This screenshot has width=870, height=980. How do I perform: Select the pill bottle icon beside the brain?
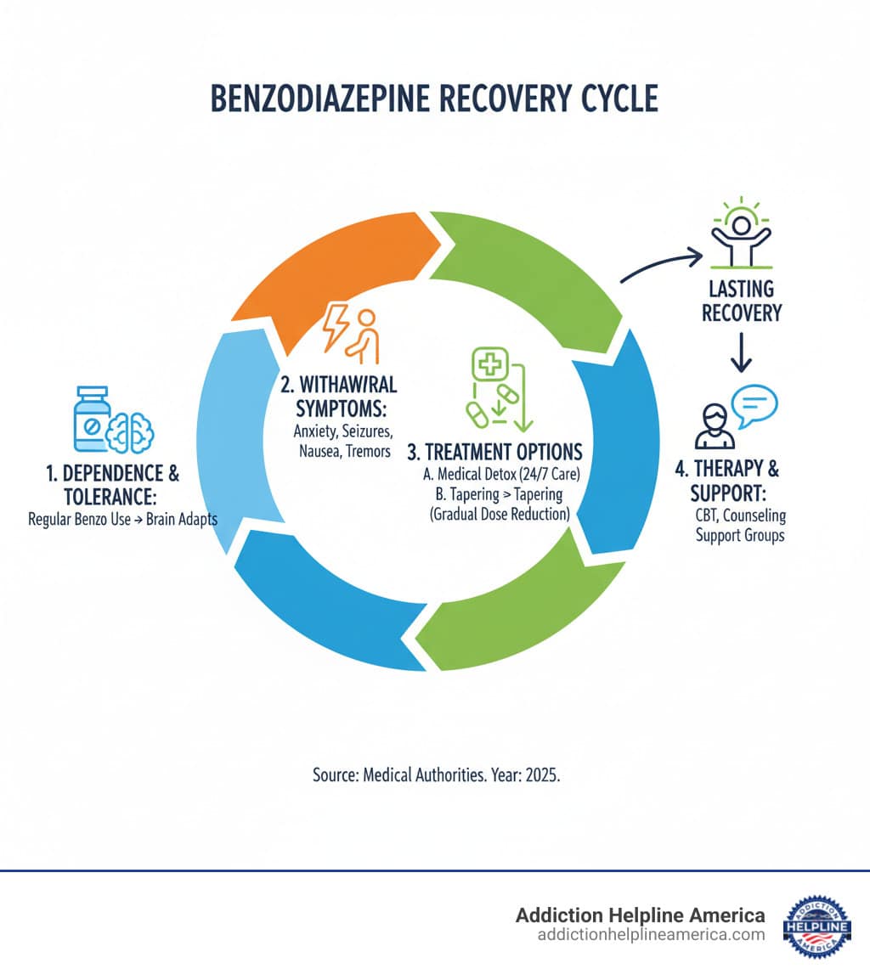pyautogui.click(x=92, y=420)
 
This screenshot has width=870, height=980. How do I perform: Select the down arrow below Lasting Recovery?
pyautogui.click(x=741, y=352)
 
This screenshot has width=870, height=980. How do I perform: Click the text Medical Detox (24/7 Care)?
pyautogui.click(x=498, y=476)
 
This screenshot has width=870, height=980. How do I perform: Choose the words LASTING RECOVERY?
pyautogui.click(x=741, y=301)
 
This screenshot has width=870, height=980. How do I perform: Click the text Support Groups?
pyautogui.click(x=740, y=536)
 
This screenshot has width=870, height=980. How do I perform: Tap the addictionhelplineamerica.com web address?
pyautogui.click(x=651, y=934)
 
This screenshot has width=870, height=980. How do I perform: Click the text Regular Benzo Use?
pyautogui.click(x=81, y=519)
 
